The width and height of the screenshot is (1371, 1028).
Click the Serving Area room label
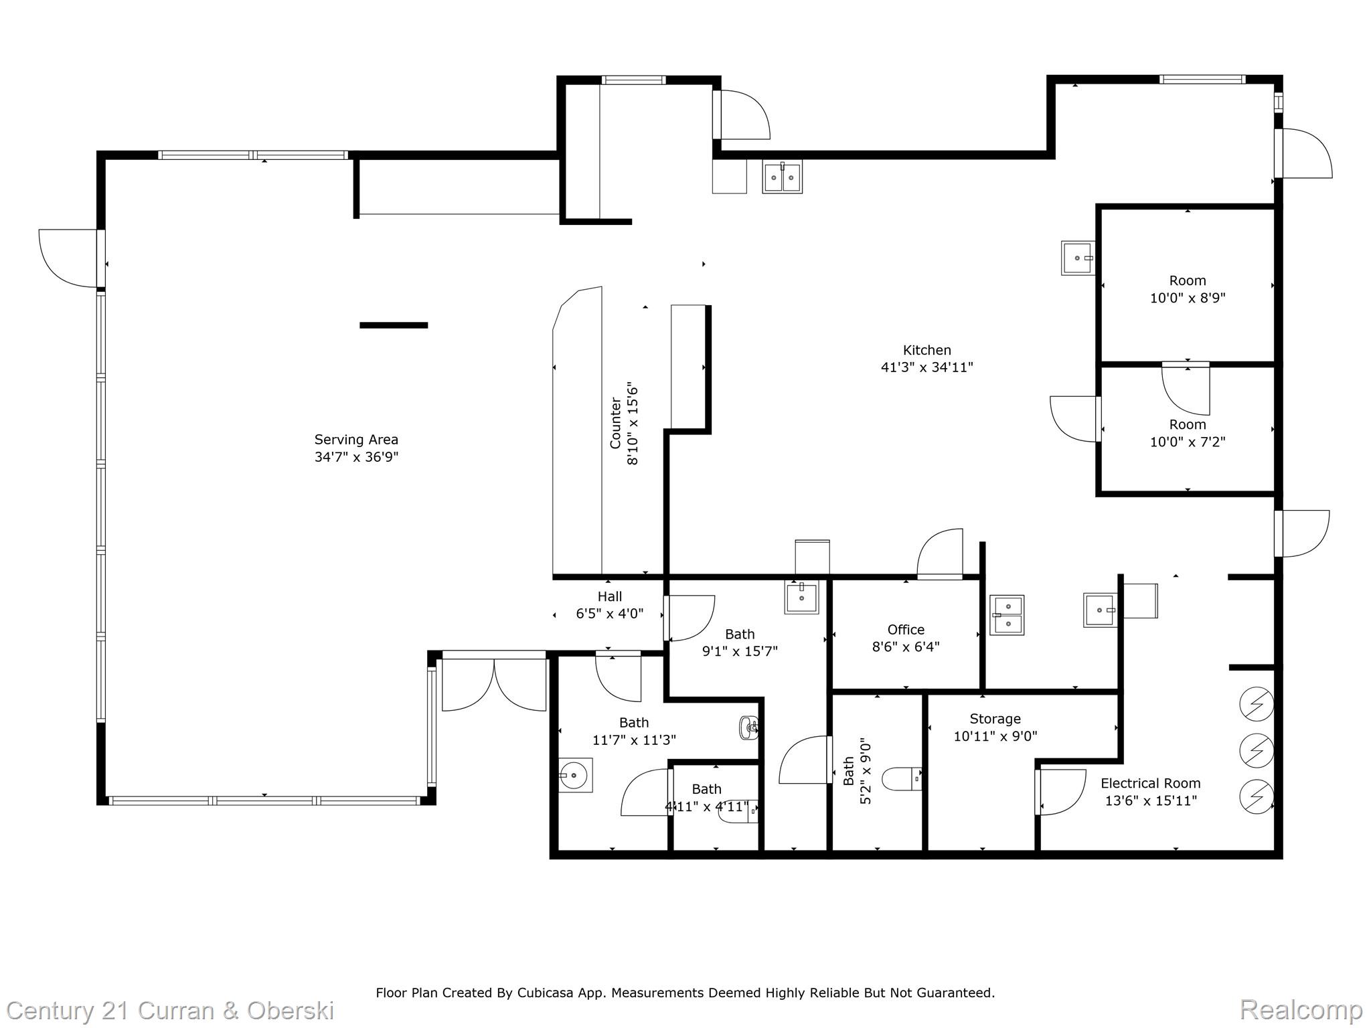[x=356, y=440]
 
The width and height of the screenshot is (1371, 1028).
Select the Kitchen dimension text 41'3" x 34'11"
[x=926, y=367]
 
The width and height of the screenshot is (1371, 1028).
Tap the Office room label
[x=905, y=630]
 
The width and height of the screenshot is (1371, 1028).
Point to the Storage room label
[x=995, y=719]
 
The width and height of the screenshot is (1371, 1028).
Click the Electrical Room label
[x=1150, y=783]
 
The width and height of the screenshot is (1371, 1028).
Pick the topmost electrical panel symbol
[x=1256, y=704]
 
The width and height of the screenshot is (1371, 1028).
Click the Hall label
[x=609, y=596]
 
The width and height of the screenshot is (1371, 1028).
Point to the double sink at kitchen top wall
[x=782, y=177]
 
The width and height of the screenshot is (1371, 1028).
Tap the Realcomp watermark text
[x=1301, y=1009]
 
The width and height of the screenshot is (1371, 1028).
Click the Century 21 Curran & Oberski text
[x=170, y=1010]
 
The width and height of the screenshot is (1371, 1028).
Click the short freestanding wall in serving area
[x=394, y=325]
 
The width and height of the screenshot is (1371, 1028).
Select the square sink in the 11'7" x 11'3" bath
[x=576, y=775]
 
